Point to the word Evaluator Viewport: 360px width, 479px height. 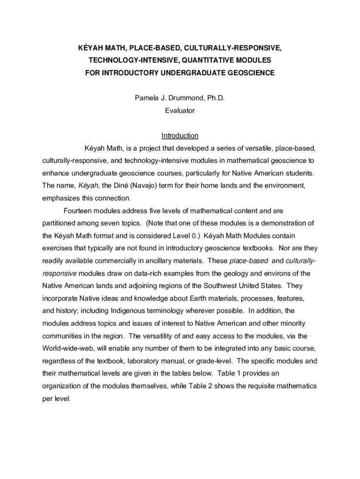pos(180,111)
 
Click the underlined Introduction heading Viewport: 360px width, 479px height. pos(180,136)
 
